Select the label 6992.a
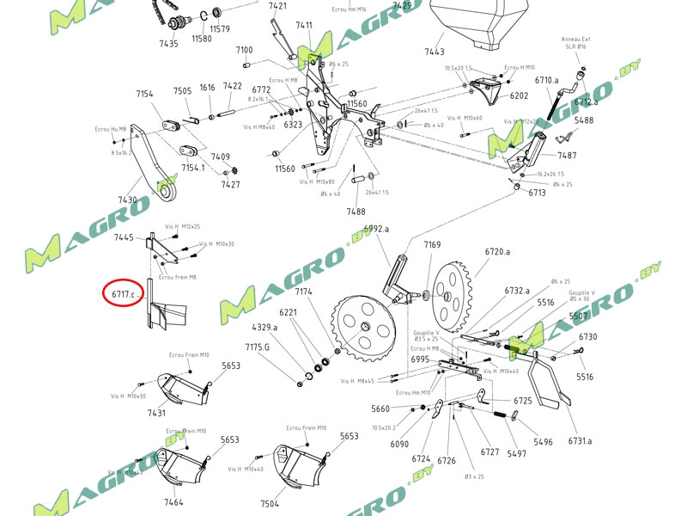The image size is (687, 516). [376, 229]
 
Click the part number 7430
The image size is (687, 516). [128, 200]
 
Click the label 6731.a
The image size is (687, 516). [580, 441]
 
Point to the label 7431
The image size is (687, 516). [156, 414]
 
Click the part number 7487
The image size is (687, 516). [567, 156]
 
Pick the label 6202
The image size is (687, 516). [519, 96]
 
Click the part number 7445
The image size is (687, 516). [125, 237]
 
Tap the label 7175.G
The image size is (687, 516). [258, 347]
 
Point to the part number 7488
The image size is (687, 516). [356, 212]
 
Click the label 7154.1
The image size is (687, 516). [192, 168]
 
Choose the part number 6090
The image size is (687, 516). [399, 444]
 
